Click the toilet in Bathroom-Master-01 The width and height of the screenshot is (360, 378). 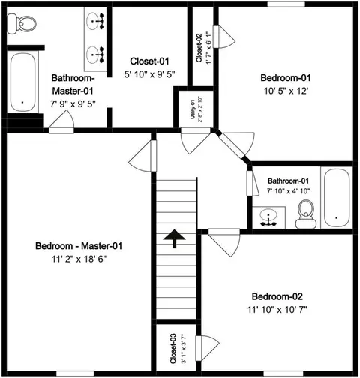pos(21,24)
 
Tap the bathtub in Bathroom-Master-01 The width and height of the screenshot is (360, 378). pos(22,82)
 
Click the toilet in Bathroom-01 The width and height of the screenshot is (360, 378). pos(306,214)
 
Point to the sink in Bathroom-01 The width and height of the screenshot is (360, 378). pos(268,217)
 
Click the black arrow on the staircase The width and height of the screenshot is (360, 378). pos(175,238)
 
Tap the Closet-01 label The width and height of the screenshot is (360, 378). pos(149,61)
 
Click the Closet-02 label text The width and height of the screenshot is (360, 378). pos(199,48)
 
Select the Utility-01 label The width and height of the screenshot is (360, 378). pos(193,109)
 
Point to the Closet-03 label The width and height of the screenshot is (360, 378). pos(173,348)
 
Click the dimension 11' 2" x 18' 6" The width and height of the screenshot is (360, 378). pos(79,259)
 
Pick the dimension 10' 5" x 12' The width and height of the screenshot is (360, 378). pos(286,91)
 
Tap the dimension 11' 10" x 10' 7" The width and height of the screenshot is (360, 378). pos(277,310)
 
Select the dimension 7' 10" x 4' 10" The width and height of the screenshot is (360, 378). pos(289,191)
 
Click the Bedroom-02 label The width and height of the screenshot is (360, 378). pos(277,296)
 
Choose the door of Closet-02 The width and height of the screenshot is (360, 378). pos(223,37)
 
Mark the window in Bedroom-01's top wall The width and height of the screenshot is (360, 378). pos(286,4)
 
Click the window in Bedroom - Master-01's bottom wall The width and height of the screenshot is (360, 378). pos(75,373)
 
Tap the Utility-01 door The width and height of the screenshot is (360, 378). pos(196,140)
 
